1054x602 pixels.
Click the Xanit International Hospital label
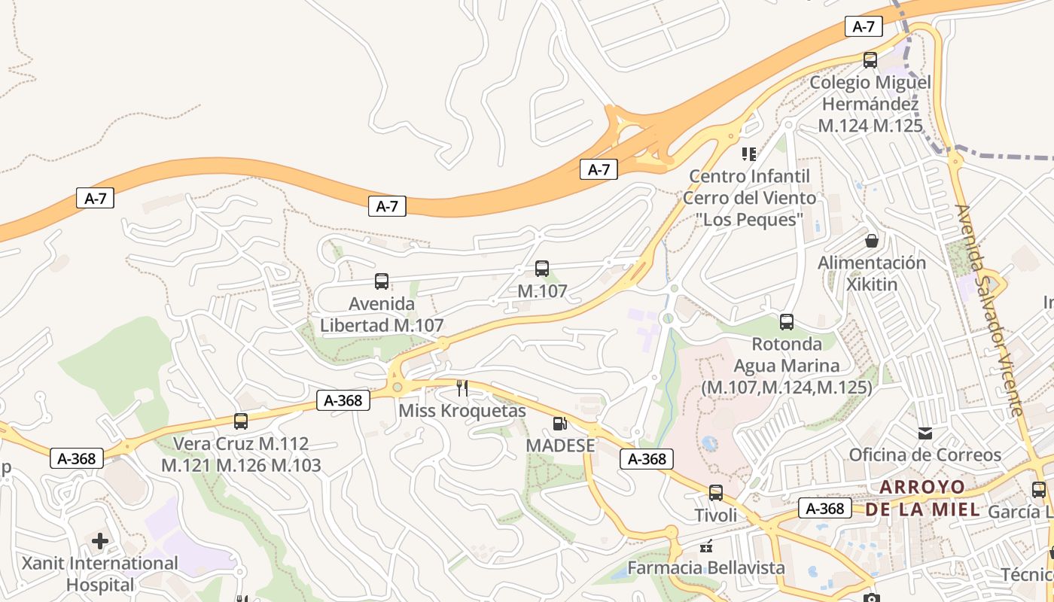click(100, 573)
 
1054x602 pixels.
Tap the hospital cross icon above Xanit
click(100, 541)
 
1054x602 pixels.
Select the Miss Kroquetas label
click(462, 411)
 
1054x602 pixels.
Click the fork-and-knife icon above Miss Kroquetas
click(462, 388)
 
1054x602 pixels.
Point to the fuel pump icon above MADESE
click(559, 424)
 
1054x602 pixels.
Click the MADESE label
click(560, 445)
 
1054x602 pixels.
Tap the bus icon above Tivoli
click(716, 493)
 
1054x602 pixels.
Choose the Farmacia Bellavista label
click(706, 567)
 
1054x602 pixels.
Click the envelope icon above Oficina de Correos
click(925, 433)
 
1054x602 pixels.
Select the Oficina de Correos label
click(925, 455)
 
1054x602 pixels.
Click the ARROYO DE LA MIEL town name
click(922, 498)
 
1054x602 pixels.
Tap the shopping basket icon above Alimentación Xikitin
click(872, 241)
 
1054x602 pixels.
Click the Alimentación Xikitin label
click(872, 273)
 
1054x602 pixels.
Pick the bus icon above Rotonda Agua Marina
click(787, 322)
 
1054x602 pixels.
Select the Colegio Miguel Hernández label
click(870, 104)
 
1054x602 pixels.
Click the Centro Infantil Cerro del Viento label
click(749, 198)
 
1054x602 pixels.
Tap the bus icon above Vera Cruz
click(241, 421)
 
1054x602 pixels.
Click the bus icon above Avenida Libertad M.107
click(382, 282)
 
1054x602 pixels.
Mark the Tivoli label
click(716, 515)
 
